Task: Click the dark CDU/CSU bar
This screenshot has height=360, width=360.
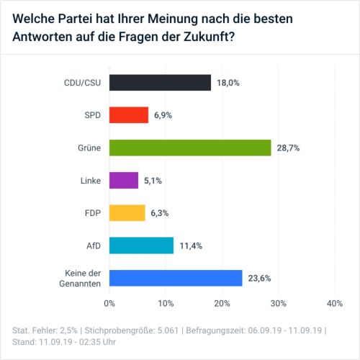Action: click(160, 82)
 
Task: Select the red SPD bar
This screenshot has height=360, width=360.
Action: click(129, 114)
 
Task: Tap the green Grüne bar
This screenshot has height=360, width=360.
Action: click(190, 147)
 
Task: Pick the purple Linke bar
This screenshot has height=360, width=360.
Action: click(124, 180)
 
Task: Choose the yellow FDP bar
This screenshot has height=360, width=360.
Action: click(127, 212)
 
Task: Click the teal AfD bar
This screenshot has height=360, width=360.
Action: click(142, 246)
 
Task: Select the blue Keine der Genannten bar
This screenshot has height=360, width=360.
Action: click(176, 278)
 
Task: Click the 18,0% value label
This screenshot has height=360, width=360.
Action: click(228, 83)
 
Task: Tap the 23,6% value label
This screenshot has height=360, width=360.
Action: click(259, 279)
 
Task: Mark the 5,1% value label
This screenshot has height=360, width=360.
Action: click(153, 181)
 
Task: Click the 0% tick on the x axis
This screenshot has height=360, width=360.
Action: click(109, 304)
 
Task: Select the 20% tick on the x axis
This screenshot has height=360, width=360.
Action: click(222, 304)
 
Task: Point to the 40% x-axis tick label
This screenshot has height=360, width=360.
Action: click(334, 304)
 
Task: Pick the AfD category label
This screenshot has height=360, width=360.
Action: click(93, 246)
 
